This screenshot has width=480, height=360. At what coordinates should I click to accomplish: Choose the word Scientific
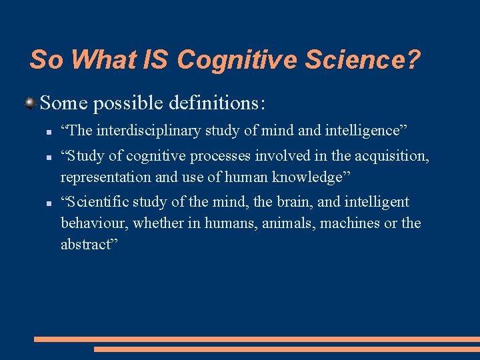(97, 202)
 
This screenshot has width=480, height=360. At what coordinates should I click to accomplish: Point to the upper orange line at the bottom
(257, 339)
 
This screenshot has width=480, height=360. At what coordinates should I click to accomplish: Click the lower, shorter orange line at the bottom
(287, 349)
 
